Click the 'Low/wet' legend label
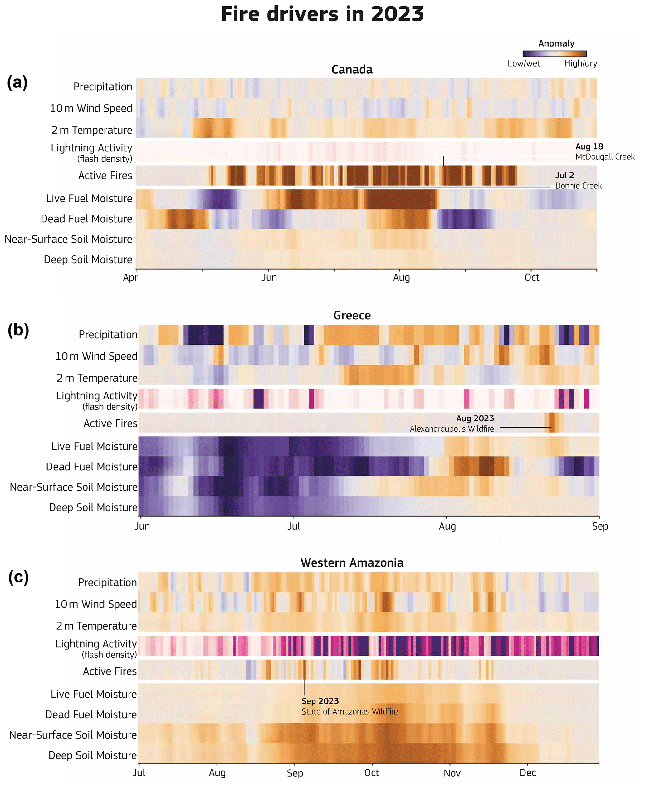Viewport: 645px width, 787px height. [524, 64]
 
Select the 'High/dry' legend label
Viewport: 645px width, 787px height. [581, 64]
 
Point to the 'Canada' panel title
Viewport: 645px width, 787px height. [352, 70]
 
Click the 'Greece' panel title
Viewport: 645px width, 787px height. [352, 316]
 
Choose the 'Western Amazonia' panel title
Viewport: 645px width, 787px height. [352, 563]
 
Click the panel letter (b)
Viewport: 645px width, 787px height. [18, 330]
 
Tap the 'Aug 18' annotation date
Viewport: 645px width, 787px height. [589, 147]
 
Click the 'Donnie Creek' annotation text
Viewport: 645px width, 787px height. [578, 186]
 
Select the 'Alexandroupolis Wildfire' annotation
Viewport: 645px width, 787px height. [452, 429]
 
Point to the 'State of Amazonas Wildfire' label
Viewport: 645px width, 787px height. [349, 711]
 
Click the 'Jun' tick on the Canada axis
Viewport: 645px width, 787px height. [269, 278]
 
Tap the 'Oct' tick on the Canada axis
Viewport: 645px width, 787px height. [532, 278]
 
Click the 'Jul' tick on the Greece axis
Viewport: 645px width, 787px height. [294, 527]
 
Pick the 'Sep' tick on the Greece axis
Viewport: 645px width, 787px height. [600, 527]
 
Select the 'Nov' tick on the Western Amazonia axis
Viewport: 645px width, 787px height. [452, 773]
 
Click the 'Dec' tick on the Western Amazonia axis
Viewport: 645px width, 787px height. [528, 773]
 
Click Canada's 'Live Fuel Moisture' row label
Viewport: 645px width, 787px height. [89, 199]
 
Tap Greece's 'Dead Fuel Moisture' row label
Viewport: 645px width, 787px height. [91, 467]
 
